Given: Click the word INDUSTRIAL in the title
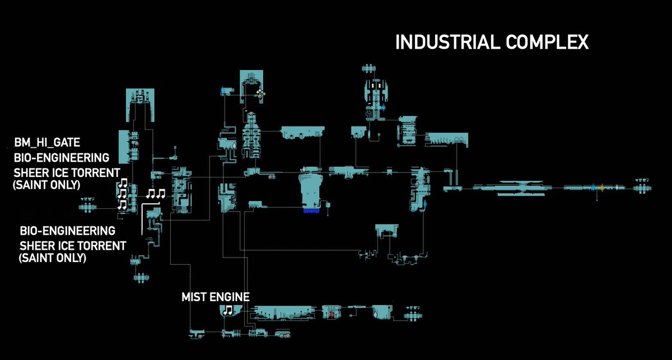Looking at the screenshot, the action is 447,42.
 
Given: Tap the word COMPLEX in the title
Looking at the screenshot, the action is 547,42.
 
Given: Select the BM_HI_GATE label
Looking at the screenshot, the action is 47,143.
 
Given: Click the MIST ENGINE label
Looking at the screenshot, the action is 216,297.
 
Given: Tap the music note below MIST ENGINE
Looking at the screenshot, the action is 228,310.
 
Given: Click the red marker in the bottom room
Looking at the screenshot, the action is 332,315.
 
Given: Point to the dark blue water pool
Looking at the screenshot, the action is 311,211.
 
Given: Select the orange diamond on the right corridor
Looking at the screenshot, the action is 602,188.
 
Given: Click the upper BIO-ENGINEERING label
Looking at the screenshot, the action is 62,158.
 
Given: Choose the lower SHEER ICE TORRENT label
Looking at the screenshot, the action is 73,246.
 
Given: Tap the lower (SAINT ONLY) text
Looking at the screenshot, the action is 53,258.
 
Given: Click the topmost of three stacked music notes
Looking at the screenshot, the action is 123,183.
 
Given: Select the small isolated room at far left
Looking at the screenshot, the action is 87,206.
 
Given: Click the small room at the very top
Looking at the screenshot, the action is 368,69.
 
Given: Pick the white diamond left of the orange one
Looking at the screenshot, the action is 617,187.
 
